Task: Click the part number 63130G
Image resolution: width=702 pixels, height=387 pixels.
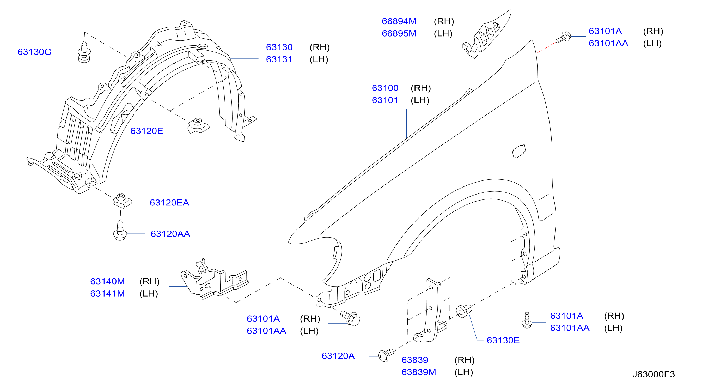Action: click(35, 52)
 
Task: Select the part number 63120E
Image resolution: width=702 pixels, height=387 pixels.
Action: click(146, 131)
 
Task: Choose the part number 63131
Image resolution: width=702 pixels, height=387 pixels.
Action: click(279, 59)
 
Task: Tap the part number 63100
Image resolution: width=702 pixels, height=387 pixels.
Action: click(385, 88)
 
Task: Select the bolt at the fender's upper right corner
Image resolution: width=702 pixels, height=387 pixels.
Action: click(563, 37)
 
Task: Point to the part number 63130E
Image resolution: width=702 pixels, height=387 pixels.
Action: click(503, 340)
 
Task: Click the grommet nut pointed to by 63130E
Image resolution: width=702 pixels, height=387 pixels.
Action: click(464, 311)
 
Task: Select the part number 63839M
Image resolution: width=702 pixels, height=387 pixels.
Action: click(419, 372)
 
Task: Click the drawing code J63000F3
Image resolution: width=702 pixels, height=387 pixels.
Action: click(654, 374)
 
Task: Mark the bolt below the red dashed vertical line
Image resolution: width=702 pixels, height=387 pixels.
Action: click(527, 321)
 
